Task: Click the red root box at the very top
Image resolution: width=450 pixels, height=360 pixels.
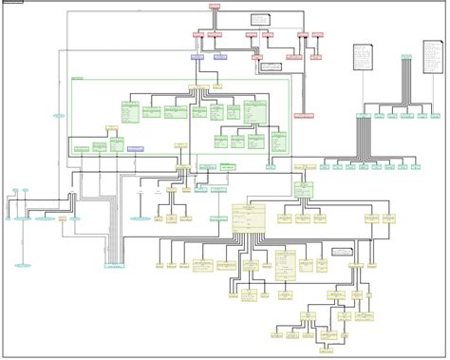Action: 215,6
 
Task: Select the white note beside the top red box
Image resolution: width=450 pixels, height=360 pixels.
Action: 260,19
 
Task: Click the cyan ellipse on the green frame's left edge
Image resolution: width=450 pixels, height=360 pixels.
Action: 59,116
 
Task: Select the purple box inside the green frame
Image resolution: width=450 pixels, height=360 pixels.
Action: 136,148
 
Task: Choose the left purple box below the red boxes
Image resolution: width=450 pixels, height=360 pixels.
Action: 197,57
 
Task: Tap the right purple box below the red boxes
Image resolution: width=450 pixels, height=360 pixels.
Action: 220,57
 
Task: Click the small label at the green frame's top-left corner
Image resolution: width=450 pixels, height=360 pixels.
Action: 77,78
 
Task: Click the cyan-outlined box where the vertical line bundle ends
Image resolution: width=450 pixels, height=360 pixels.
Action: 114,266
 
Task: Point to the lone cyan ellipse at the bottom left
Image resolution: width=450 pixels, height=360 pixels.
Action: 22,265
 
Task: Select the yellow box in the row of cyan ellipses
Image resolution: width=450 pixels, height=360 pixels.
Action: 63,218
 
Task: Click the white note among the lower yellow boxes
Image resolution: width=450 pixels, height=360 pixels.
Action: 342,252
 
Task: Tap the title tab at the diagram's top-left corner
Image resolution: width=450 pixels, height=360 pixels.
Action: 13,2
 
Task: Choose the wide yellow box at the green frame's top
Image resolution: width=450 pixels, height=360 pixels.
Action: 198,87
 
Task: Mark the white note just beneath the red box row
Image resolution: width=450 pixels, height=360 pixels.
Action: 272,67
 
